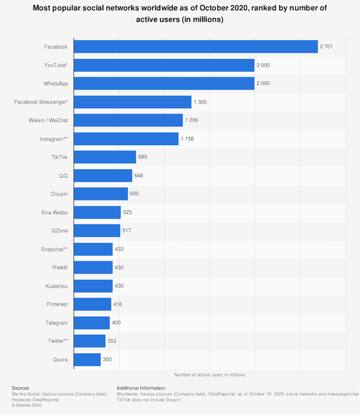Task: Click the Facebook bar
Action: click(195, 47)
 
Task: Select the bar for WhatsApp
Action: click(164, 83)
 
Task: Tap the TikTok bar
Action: click(105, 157)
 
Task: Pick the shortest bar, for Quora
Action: click(87, 359)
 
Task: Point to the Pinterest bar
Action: click(93, 304)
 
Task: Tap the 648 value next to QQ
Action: click(138, 176)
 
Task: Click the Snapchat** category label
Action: click(54, 249)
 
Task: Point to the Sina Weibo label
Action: click(54, 212)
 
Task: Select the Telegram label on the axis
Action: click(56, 323)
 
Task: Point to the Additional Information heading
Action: click(141, 388)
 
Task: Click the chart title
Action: click(179, 14)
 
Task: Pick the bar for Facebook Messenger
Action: click(133, 102)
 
